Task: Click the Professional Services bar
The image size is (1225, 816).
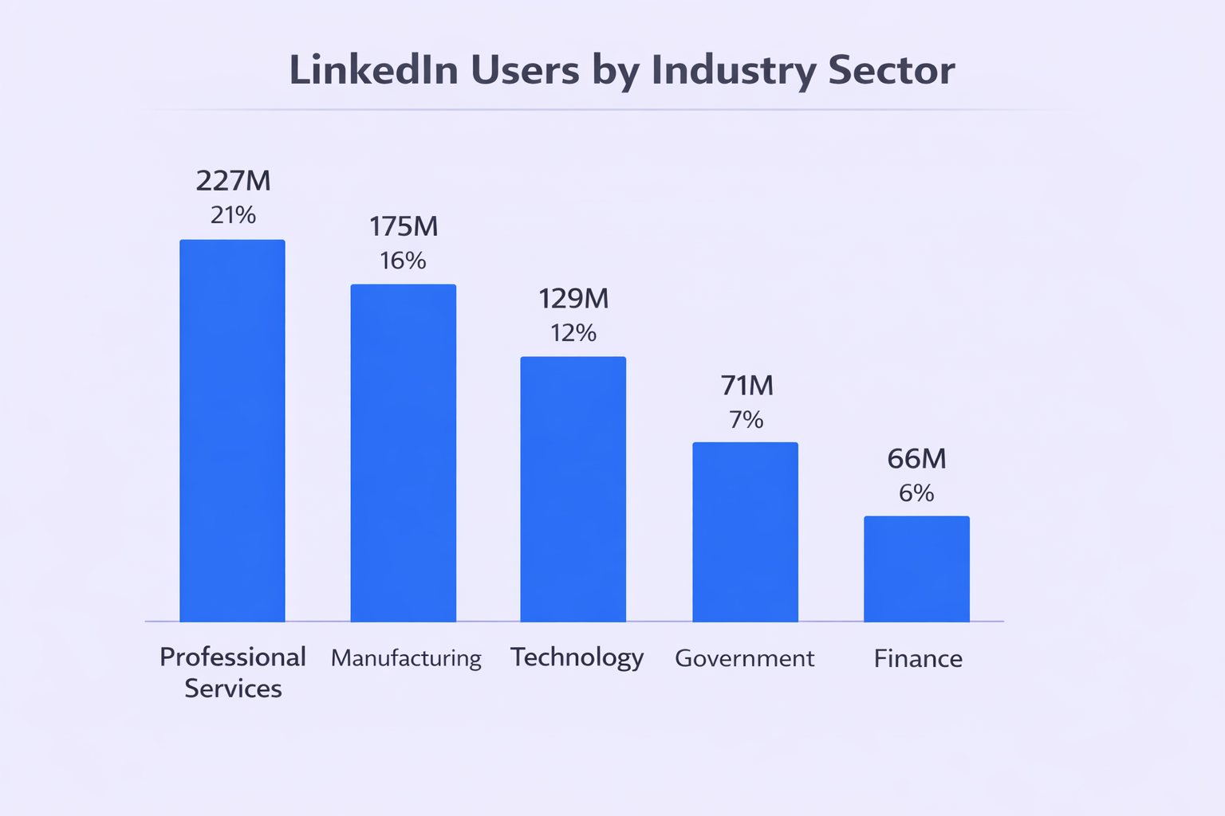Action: (x=232, y=430)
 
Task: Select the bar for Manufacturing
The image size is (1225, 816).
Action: (x=404, y=453)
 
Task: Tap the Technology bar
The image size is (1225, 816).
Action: (x=573, y=488)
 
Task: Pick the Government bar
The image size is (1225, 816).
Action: (x=745, y=532)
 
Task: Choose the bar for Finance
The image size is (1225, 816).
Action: (x=916, y=568)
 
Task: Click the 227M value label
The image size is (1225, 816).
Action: (x=233, y=181)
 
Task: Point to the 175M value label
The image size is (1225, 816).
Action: (x=404, y=227)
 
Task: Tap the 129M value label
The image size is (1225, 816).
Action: (x=573, y=299)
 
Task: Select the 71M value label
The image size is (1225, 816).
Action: (x=746, y=386)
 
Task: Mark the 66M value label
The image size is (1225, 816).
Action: (x=916, y=459)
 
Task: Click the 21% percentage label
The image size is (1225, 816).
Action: (x=233, y=215)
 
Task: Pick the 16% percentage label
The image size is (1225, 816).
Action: (x=403, y=261)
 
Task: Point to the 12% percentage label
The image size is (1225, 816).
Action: (x=573, y=333)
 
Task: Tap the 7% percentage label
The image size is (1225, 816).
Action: (x=746, y=420)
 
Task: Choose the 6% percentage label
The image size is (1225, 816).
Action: (x=916, y=493)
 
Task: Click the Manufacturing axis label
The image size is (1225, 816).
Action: (x=406, y=658)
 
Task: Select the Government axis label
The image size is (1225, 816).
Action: (x=744, y=658)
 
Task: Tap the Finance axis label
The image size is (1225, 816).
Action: (x=918, y=658)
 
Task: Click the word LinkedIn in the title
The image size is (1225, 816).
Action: (x=373, y=70)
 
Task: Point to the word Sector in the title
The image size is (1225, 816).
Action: (x=891, y=70)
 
